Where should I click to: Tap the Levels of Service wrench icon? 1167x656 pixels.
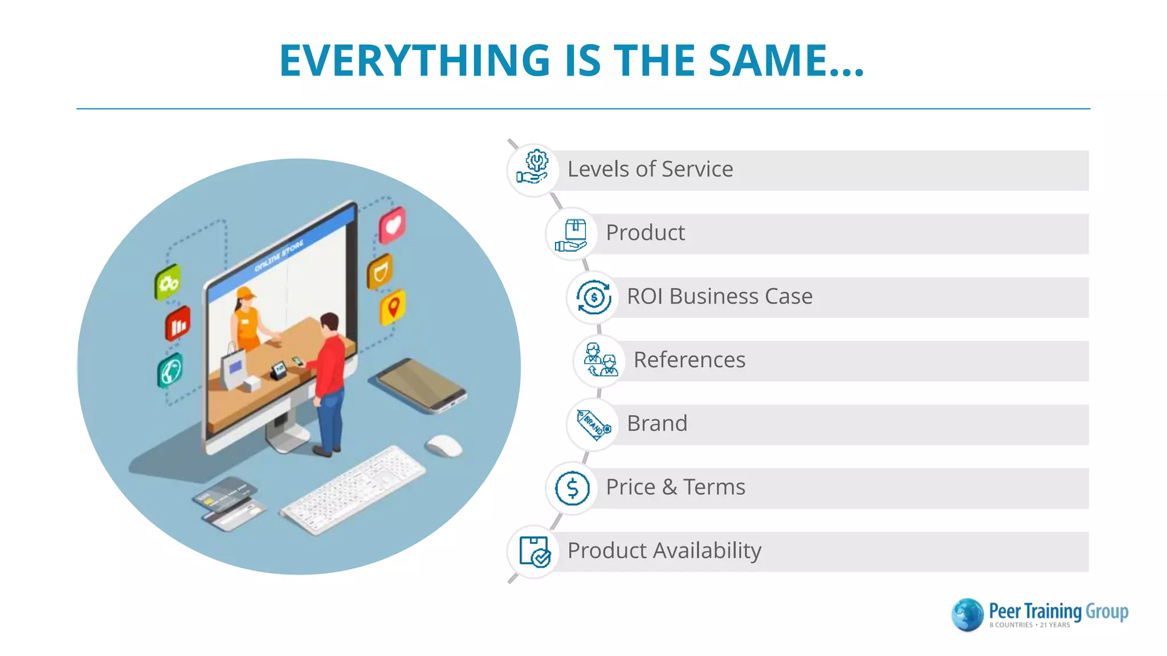pos(533,169)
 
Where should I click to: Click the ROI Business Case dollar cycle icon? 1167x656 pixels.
pos(593,297)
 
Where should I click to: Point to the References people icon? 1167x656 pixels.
pos(599,360)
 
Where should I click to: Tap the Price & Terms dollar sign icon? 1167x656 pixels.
pos(572,488)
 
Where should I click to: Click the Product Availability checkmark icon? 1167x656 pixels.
pos(534,551)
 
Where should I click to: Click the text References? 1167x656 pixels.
pos(689,360)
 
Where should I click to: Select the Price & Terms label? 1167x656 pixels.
pos(675,487)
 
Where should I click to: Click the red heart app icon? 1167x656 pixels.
pos(393,225)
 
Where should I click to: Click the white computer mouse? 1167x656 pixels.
pos(444,445)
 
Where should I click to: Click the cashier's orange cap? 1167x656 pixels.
pos(246,293)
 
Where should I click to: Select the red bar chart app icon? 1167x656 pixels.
pos(178,325)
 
